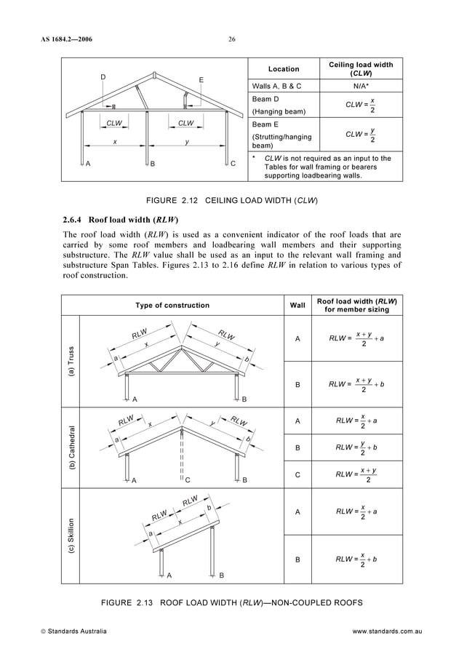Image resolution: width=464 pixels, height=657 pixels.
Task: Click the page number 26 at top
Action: (231, 39)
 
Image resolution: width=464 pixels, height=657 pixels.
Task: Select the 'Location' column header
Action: (283, 69)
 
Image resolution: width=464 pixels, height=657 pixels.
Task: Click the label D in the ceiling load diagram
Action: (103, 76)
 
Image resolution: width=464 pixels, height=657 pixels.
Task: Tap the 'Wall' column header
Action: (297, 305)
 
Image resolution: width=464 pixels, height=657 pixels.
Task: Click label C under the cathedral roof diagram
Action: (187, 480)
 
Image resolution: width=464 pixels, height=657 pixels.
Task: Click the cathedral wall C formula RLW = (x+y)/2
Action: (355, 474)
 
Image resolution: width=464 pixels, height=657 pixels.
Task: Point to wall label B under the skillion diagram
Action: (221, 575)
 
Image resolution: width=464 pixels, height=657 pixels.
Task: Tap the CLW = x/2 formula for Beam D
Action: (361, 105)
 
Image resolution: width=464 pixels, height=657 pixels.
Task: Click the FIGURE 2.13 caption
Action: (232, 602)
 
